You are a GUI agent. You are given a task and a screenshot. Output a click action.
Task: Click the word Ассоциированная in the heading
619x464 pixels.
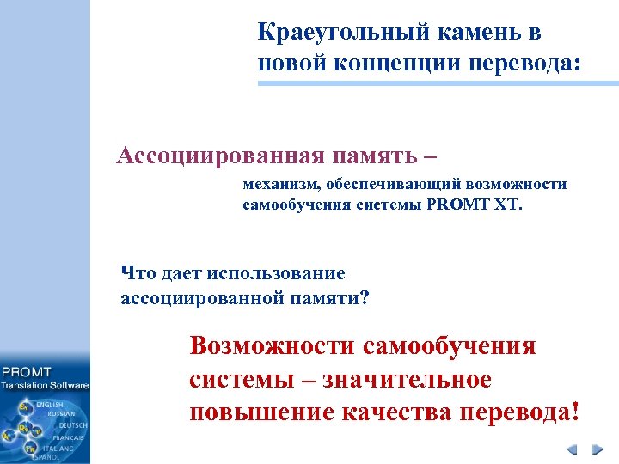point(221,156)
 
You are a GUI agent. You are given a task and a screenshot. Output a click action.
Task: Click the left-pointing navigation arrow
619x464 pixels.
point(570,449)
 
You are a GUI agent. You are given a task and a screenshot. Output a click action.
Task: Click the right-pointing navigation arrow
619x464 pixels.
point(597,449)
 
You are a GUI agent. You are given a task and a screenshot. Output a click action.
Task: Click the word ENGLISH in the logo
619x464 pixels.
point(49,404)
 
